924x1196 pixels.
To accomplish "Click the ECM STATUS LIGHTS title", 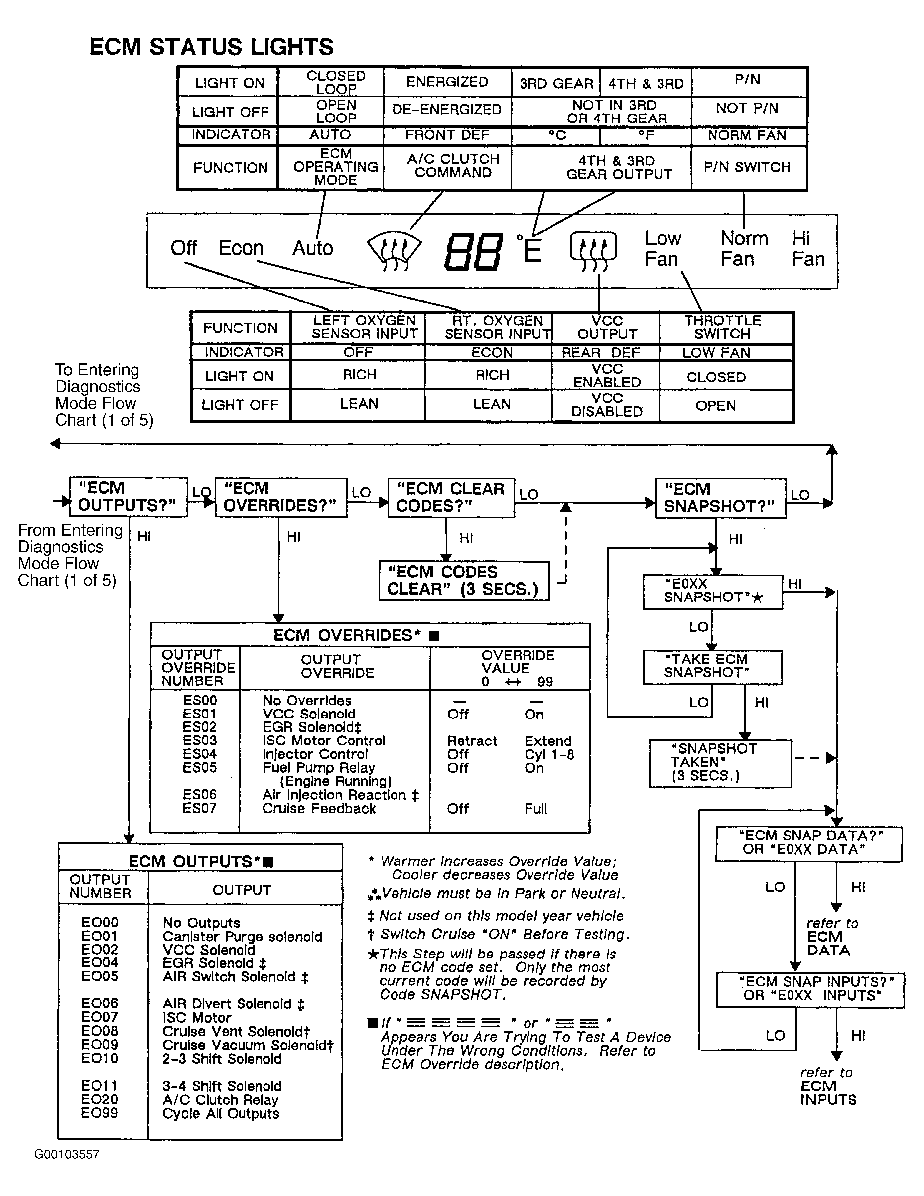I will click(211, 47).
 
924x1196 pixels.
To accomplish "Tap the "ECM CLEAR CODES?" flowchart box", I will click(451, 497).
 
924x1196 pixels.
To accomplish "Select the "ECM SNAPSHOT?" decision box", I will click(720, 498).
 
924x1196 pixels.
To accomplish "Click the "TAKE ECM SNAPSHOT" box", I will click(712, 666).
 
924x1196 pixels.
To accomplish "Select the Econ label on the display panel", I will click(241, 248).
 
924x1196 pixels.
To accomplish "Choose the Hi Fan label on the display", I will click(808, 248).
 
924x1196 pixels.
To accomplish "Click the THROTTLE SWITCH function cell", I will click(722, 328).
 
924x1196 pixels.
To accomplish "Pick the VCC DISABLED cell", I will click(606, 405).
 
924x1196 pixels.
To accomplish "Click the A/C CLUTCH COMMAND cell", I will click(452, 166).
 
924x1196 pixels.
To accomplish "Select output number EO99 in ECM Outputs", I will click(99, 1113).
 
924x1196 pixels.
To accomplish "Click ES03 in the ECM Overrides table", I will click(200, 740).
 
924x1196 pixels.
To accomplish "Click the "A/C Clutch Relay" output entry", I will click(220, 1099).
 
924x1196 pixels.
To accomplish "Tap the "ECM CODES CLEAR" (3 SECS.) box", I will click(464, 581).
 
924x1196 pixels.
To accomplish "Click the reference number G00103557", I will click(67, 1154).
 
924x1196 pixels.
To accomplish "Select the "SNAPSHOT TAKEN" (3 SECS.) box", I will click(720, 762).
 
